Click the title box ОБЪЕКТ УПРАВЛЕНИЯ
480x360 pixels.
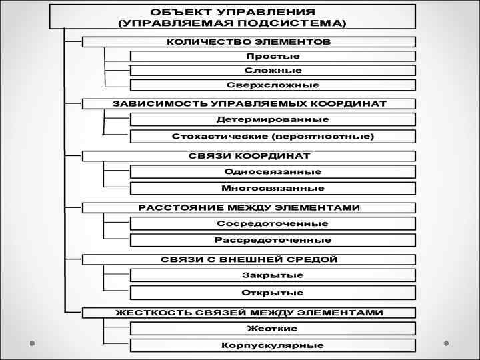click(x=232, y=17)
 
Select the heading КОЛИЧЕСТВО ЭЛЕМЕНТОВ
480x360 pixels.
click(x=249, y=41)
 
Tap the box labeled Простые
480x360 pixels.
click(x=273, y=56)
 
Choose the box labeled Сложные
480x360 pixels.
click(x=273, y=70)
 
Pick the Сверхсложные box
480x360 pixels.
click(x=273, y=85)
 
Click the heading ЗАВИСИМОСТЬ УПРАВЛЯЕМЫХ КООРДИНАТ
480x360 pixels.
click(x=249, y=104)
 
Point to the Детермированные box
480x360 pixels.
click(x=273, y=119)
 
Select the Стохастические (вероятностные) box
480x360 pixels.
click(x=273, y=136)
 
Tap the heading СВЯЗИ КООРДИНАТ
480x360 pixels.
click(x=249, y=156)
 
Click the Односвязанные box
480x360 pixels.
click(x=273, y=171)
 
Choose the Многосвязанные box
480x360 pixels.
click(x=273, y=188)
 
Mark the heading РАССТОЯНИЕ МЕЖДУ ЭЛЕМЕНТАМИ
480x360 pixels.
click(x=249, y=207)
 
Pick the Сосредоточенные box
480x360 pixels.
click(x=273, y=223)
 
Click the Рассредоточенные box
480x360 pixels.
click(x=273, y=240)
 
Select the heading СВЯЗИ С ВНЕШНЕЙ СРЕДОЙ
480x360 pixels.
click(x=249, y=259)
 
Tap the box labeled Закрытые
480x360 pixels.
click(x=273, y=275)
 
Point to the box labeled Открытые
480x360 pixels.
click(x=273, y=293)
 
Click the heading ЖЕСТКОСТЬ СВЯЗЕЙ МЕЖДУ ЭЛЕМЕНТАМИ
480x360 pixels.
click(x=249, y=312)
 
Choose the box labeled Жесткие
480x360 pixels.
click(x=273, y=328)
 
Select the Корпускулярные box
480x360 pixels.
click(x=273, y=345)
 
